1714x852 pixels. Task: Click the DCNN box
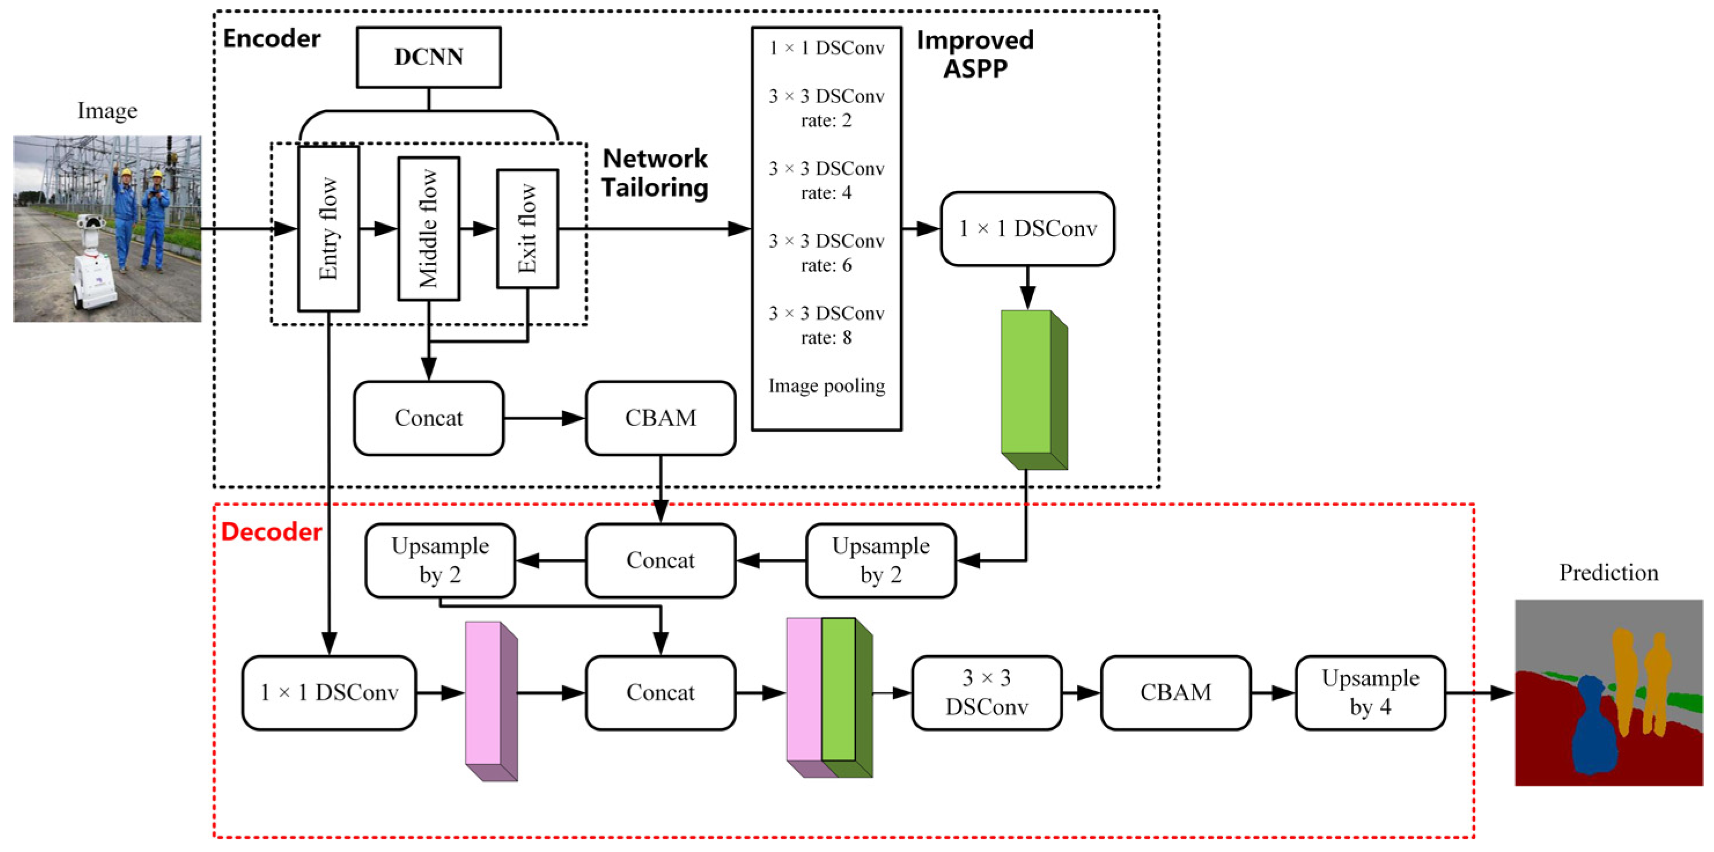pos(429,57)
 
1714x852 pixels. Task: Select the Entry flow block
pos(329,228)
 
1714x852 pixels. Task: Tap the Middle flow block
pos(429,228)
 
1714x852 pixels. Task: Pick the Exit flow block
pos(528,228)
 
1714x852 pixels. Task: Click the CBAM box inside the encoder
pos(661,418)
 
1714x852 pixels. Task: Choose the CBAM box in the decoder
pos(1175,693)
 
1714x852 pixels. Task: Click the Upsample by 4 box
pos(1370,693)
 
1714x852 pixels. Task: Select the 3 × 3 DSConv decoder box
pos(987,693)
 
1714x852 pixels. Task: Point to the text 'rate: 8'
pos(827,338)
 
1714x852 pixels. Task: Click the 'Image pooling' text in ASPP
pos(827,386)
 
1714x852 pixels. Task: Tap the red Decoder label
pos(271,532)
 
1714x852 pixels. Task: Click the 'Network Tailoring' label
pos(655,173)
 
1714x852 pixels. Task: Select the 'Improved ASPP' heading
pos(975,54)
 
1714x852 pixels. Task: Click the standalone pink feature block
pos(491,701)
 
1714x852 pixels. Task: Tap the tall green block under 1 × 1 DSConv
pos(1034,390)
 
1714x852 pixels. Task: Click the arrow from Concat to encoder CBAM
pos(544,418)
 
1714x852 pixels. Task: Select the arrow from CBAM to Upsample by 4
pos(1273,693)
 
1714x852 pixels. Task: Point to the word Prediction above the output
pos(1609,573)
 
